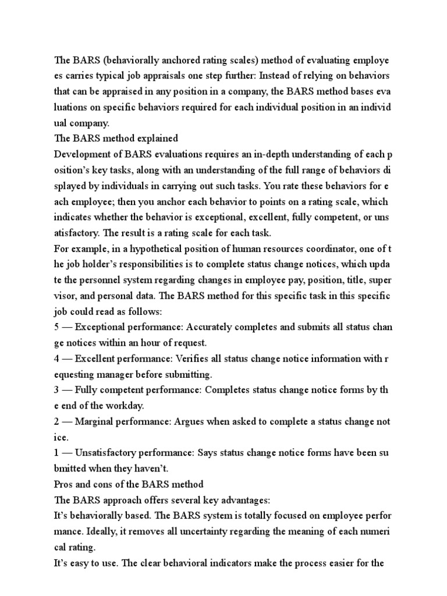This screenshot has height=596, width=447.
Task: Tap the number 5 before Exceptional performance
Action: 56,328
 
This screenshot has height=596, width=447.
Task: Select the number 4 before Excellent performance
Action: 56,359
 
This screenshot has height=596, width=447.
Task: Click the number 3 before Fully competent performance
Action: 56,391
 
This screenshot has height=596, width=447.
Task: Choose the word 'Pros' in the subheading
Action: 63,485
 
